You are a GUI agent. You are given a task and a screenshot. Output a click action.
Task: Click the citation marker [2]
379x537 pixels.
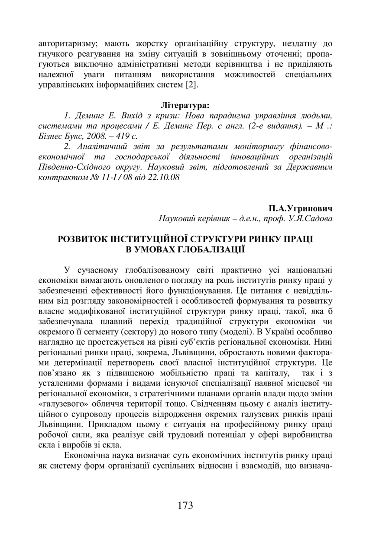(x=191, y=84)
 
